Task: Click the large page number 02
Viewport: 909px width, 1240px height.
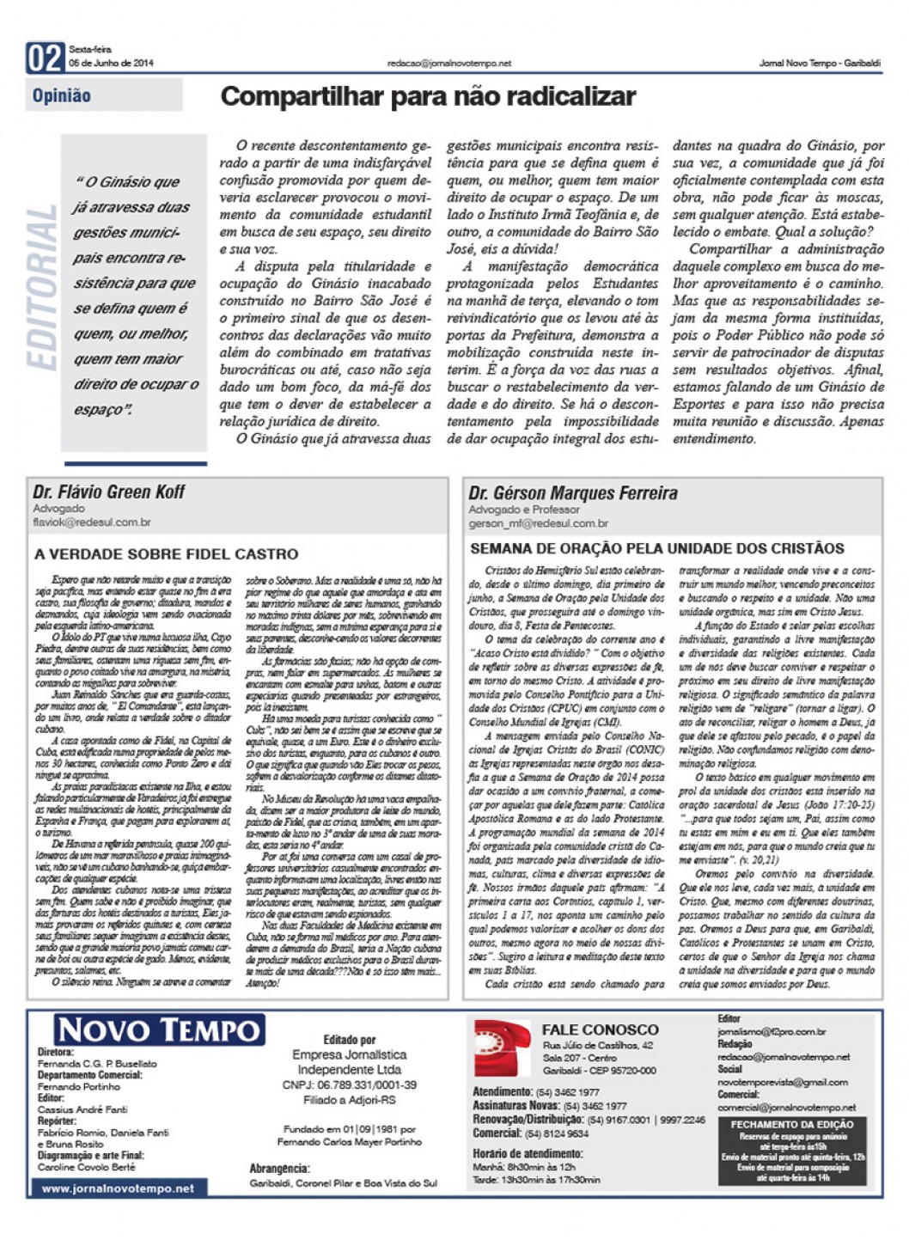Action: pos(45,58)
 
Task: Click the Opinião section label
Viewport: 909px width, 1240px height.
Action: pos(62,96)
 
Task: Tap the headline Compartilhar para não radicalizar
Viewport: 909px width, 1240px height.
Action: pos(428,96)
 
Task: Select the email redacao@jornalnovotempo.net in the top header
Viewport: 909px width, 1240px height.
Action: pos(448,64)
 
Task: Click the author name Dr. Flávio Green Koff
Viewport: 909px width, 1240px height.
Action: pos(109,492)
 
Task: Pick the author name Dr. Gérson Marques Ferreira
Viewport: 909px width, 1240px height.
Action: pos(573,493)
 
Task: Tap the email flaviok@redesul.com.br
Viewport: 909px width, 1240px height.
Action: pos(92,522)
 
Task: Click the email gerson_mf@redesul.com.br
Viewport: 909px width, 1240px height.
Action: pos(539,522)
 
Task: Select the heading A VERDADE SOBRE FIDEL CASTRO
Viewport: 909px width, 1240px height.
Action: pos(167,555)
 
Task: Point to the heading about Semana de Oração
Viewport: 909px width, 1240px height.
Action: pos(657,548)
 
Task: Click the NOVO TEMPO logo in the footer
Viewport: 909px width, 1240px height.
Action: pos(159,1029)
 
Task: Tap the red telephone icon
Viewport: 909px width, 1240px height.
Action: pos(502,1048)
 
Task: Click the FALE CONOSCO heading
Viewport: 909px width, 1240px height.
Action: pos(600,1029)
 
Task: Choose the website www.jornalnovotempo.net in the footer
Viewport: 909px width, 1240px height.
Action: pos(118,1188)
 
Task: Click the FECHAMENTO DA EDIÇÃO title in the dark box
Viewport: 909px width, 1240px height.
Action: pos(792,1124)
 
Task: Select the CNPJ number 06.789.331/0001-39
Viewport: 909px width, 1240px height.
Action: pos(349,1085)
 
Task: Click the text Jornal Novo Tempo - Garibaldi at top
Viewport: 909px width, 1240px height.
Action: pos(820,64)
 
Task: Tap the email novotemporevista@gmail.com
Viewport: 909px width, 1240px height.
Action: pos(783,1082)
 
